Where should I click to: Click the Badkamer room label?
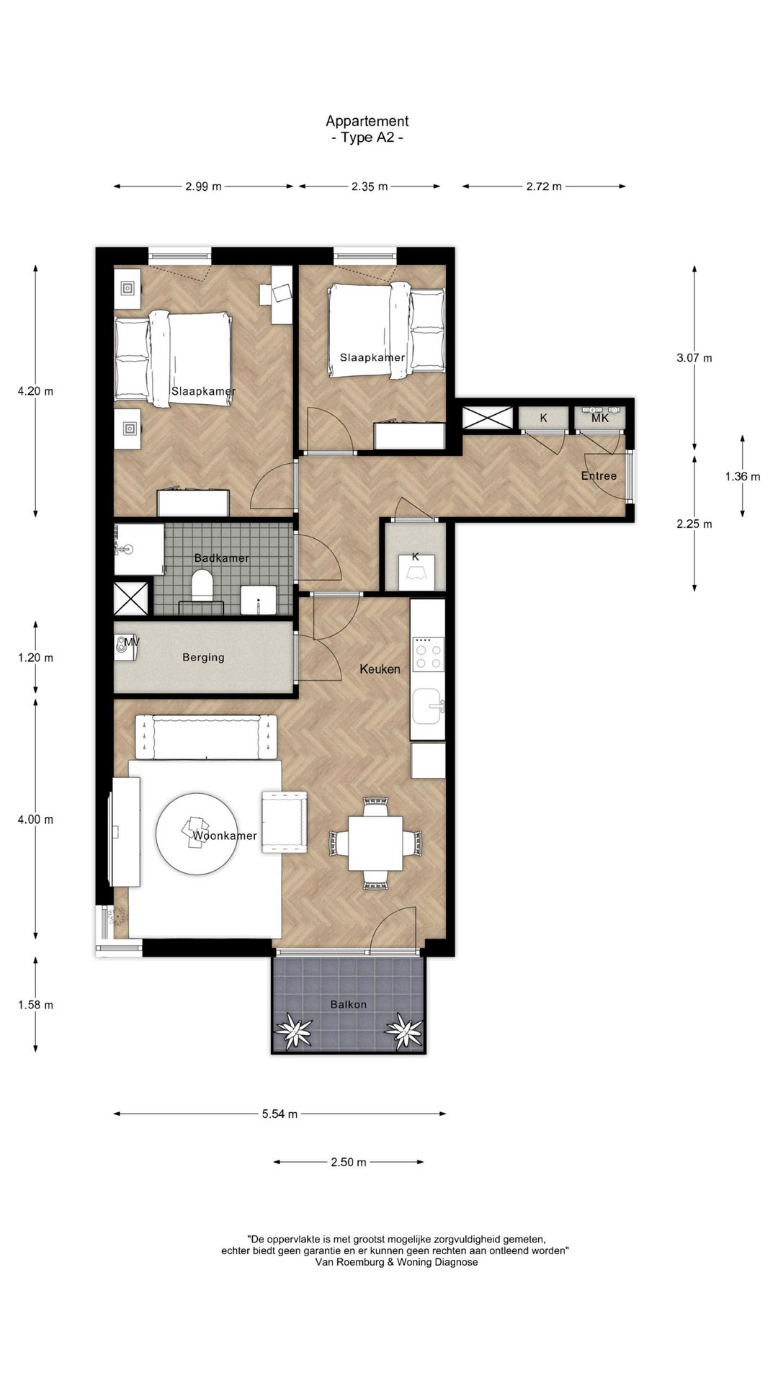tap(222, 558)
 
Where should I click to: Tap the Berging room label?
tap(203, 657)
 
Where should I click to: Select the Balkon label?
tap(349, 1004)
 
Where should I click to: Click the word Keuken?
tap(380, 669)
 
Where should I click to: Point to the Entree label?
tap(599, 476)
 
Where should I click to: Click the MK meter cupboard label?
tap(600, 418)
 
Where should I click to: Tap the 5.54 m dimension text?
tap(280, 1114)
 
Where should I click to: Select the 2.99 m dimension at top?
tap(203, 187)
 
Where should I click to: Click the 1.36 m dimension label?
tap(742, 476)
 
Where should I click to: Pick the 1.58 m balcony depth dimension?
tap(35, 1005)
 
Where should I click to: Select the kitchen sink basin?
tap(428, 706)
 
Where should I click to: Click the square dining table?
tap(375, 843)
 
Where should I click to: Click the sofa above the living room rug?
tap(207, 737)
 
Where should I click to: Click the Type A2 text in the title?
tap(367, 138)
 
